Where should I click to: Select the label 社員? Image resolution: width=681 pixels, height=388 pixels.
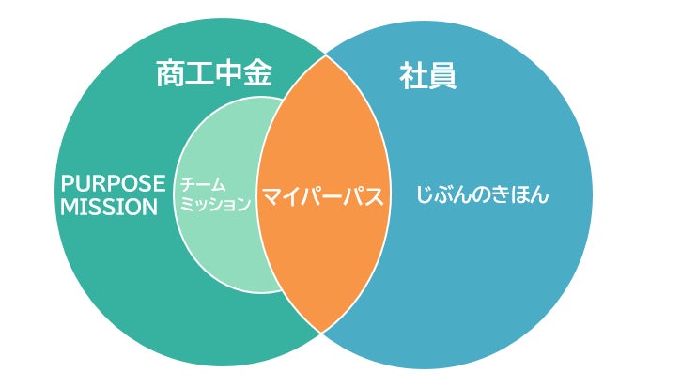[x=428, y=75]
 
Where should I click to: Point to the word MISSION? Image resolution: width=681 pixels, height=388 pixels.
[x=109, y=207]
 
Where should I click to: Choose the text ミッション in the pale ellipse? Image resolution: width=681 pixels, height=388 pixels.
[x=215, y=204]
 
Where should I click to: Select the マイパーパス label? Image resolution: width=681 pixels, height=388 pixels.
[x=324, y=197]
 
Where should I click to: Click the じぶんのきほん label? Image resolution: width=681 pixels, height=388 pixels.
[x=482, y=197]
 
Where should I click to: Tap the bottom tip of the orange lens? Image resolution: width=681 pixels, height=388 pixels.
[x=322, y=332]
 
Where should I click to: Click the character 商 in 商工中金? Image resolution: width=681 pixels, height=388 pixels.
[x=170, y=75]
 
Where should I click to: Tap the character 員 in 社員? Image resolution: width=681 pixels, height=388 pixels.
[x=443, y=75]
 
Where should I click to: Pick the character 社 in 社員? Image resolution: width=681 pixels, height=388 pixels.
[x=413, y=75]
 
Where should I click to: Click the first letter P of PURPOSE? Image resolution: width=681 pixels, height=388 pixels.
[x=67, y=183]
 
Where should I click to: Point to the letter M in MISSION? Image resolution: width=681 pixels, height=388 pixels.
[x=68, y=207]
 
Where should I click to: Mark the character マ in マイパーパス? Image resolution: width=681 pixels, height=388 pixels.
[x=270, y=197]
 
